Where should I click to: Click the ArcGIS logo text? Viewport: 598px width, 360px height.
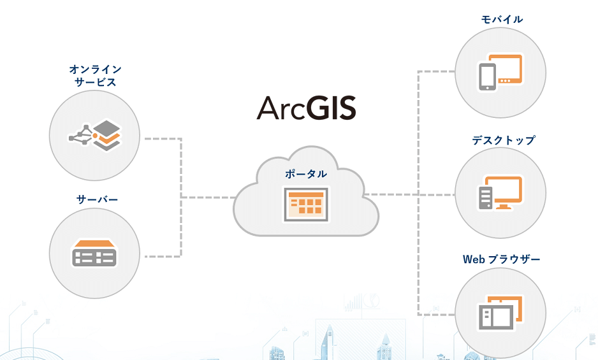click(306, 108)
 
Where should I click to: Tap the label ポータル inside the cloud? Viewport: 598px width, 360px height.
click(306, 174)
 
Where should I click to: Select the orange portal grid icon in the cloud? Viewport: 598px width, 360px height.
click(306, 204)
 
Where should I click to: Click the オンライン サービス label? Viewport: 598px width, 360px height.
click(96, 76)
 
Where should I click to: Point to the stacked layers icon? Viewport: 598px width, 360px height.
click(107, 136)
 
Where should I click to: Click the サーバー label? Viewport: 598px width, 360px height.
click(97, 199)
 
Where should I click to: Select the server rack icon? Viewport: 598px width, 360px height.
click(94, 253)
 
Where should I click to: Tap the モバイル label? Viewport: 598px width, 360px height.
click(502, 19)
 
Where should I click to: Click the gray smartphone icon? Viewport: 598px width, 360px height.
click(488, 77)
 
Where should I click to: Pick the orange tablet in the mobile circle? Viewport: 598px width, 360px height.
click(506, 69)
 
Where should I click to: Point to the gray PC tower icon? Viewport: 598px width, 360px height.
click(486, 198)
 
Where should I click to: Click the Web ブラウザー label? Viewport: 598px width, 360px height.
click(502, 259)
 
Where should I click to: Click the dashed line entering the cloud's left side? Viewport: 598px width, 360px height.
click(208, 198)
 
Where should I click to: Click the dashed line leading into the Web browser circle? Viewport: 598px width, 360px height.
click(437, 315)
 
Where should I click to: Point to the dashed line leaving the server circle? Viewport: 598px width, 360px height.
click(163, 256)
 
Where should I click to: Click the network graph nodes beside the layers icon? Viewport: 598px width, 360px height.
click(81, 135)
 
